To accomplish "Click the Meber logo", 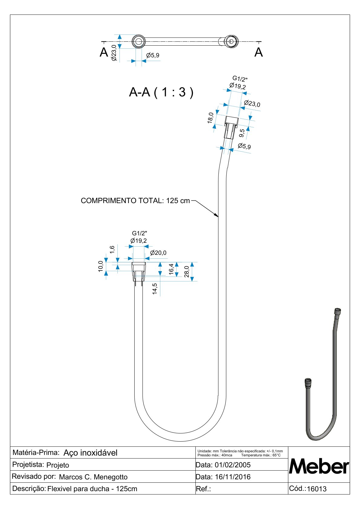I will tap(319, 467).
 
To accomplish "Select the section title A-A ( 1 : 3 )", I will tap(161, 92).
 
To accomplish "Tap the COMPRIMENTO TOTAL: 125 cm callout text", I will tap(135, 201).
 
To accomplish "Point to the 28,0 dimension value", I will tap(187, 271).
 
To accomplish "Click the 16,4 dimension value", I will tap(172, 269).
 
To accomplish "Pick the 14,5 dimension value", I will tap(155, 289).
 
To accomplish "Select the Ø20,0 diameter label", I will tap(158, 253).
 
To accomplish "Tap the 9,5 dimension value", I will tap(242, 133).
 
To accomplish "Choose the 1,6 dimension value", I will tap(112, 249).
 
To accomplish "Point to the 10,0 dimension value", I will tap(101, 267).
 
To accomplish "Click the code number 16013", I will tap(317, 489).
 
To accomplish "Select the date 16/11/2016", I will tap(233, 477).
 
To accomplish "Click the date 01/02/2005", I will tap(233, 465).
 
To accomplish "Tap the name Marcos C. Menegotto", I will tap(93, 477).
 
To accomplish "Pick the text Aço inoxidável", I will tap(90, 453).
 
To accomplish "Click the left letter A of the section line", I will tap(104, 53).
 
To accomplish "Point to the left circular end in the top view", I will tap(139, 41).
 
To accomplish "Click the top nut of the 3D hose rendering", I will tap(337, 311).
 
